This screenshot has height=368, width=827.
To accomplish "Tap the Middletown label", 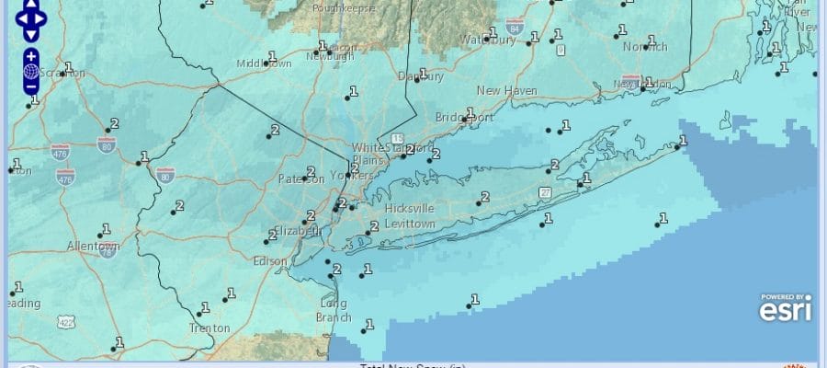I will pyautogui.click(x=264, y=63).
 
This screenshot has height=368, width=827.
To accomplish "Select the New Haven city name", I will pyautogui.click(x=505, y=90).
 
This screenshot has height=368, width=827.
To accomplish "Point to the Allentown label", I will pyautogui.click(x=93, y=247).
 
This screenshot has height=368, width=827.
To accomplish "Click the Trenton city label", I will pyautogui.click(x=208, y=328).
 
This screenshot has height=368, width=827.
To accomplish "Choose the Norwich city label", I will pyautogui.click(x=643, y=47).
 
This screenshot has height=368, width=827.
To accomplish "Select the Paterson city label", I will pyautogui.click(x=300, y=179).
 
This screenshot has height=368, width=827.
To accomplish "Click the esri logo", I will pyautogui.click(x=785, y=309).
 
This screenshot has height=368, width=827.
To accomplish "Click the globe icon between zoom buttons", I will pyautogui.click(x=30, y=71).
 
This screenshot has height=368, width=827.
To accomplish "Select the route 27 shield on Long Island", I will pyautogui.click(x=546, y=191).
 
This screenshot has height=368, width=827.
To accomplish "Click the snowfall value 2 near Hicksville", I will pyautogui.click(x=485, y=197).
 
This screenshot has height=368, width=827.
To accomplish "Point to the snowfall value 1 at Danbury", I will pyautogui.click(x=424, y=74).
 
